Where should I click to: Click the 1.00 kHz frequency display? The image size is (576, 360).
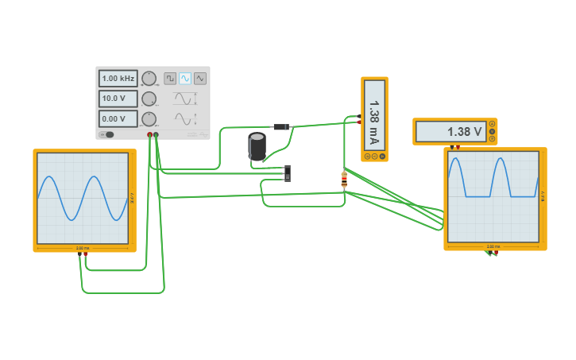(118, 79)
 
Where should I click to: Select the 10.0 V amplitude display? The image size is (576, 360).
(118, 99)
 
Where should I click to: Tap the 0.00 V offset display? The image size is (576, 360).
(118, 118)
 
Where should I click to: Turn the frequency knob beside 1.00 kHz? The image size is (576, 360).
(149, 78)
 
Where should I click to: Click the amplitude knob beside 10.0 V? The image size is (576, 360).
(149, 99)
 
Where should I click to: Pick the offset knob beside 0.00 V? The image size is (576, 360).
(149, 118)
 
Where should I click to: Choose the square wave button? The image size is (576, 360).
(170, 79)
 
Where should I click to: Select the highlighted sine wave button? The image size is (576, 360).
(185, 79)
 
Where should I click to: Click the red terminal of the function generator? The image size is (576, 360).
(149, 136)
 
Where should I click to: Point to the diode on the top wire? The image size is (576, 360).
(281, 127)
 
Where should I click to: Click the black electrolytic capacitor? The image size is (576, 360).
(257, 146)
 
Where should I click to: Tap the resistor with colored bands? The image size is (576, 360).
(344, 180)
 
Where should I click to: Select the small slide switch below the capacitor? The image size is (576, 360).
(287, 172)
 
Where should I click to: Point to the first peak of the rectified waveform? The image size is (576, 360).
(455, 161)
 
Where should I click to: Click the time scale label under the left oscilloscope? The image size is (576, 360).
(83, 248)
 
